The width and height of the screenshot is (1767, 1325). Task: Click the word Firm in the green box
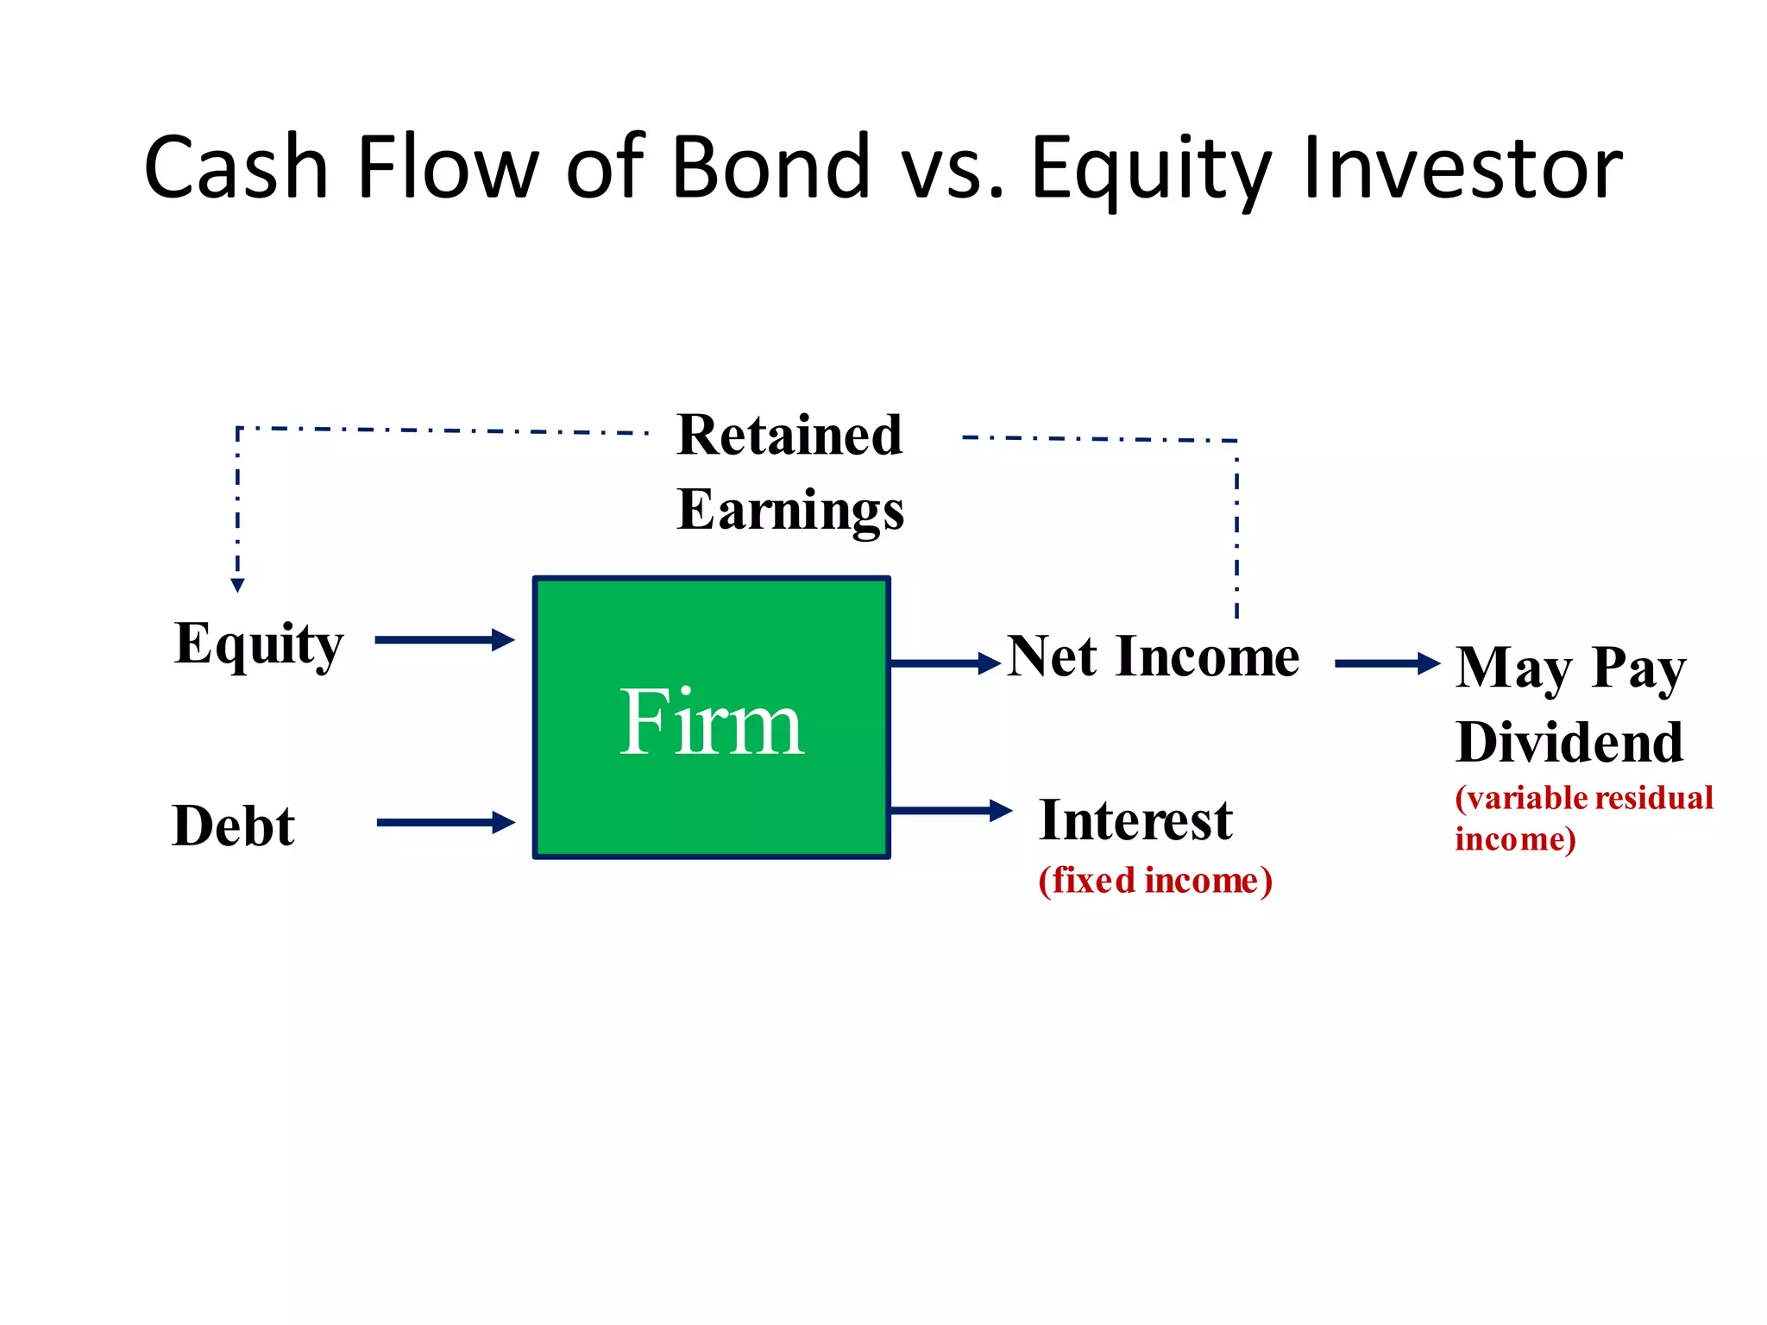pyautogui.click(x=712, y=722)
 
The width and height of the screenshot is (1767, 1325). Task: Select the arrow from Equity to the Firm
pyautogui.click(x=444, y=640)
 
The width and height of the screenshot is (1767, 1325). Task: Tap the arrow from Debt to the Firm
pyautogui.click(x=445, y=822)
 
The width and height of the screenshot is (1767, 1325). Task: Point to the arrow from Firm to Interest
pyautogui.click(x=949, y=810)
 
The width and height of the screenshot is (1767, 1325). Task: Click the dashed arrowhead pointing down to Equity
pyautogui.click(x=238, y=585)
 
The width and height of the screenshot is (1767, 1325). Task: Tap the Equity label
pyautogui.click(x=259, y=644)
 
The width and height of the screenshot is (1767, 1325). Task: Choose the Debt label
pyautogui.click(x=234, y=826)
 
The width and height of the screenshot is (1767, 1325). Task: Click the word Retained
pyautogui.click(x=789, y=435)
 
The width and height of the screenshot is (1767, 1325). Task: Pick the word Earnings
pyautogui.click(x=790, y=511)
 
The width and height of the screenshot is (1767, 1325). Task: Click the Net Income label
pyautogui.click(x=1154, y=657)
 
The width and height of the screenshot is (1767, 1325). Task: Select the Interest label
pyautogui.click(x=1135, y=820)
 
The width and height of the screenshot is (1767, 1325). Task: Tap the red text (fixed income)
pyautogui.click(x=1155, y=881)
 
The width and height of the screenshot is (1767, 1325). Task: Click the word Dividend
pyautogui.click(x=1569, y=743)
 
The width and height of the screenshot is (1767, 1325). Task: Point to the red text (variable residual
pyautogui.click(x=1584, y=798)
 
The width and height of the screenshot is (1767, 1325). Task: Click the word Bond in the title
pyautogui.click(x=770, y=167)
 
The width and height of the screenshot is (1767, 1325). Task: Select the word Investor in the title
pyautogui.click(x=1463, y=167)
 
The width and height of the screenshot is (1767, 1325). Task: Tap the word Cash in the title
pyautogui.click(x=236, y=167)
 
